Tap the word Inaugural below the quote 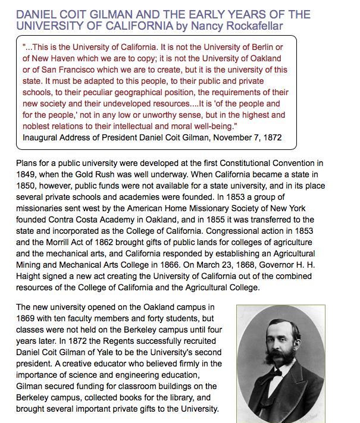click(41, 137)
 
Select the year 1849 click(27, 176)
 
